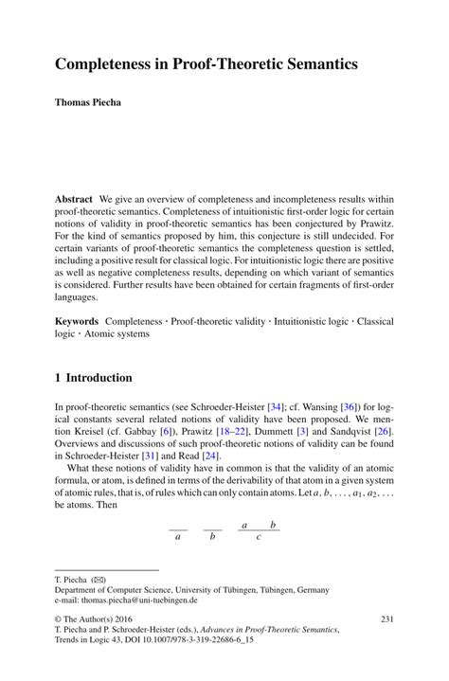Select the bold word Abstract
(x=73, y=200)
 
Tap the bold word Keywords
(x=77, y=323)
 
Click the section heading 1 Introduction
(x=93, y=378)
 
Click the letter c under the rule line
(x=259, y=536)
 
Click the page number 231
(x=386, y=618)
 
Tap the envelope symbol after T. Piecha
(x=99, y=578)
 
